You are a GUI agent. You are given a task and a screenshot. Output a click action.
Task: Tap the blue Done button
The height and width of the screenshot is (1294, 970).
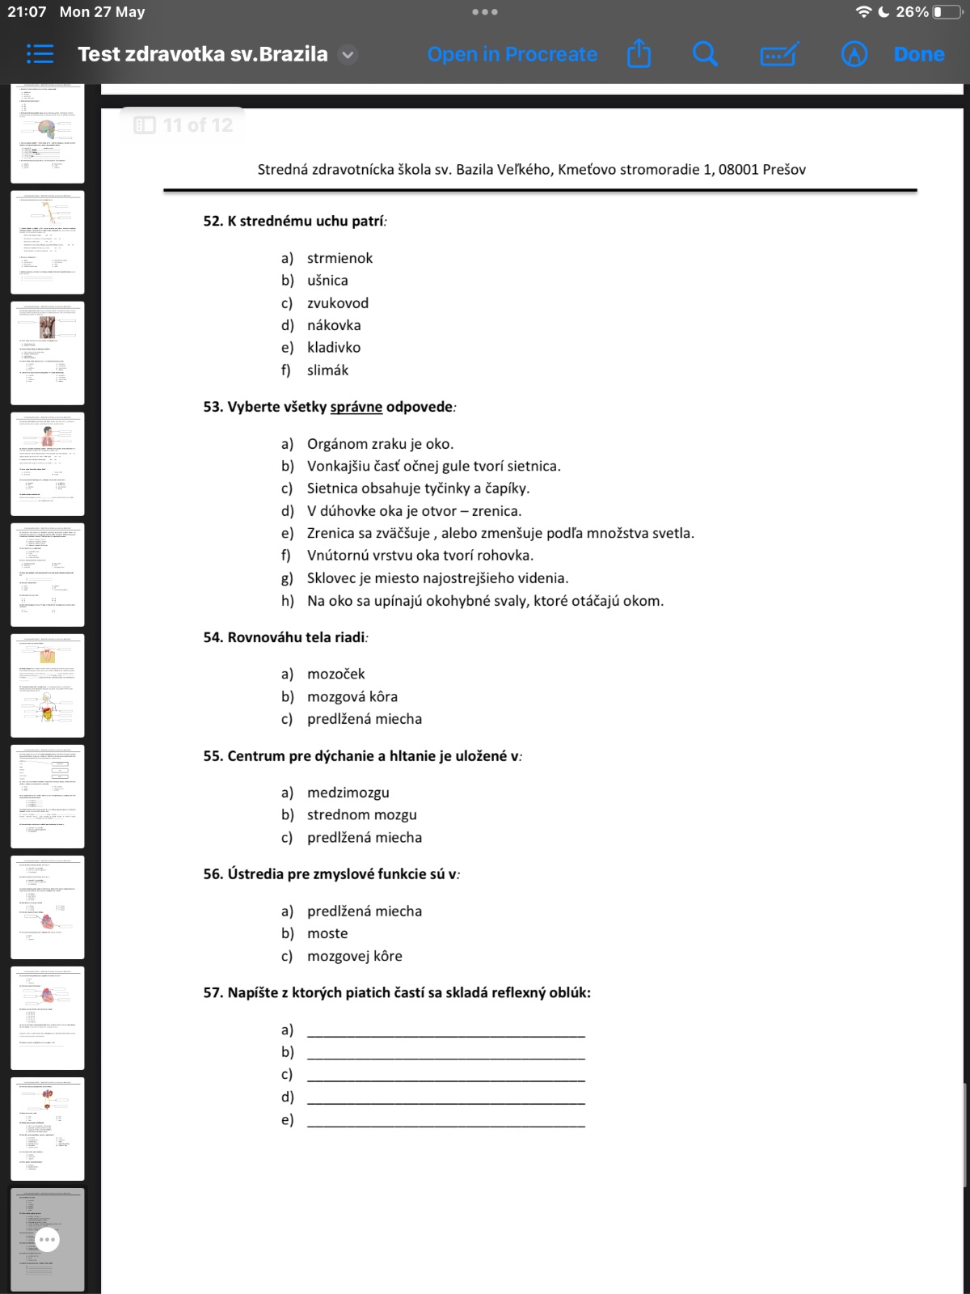coord(919,54)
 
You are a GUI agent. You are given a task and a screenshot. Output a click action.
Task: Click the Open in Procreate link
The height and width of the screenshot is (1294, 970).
coord(512,54)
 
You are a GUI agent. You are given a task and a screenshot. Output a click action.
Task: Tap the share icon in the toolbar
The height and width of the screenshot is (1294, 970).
coord(639,54)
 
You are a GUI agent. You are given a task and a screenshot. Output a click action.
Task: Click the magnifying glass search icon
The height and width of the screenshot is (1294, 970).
coord(705,54)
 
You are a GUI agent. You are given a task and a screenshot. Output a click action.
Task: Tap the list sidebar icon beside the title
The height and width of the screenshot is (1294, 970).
coord(40,54)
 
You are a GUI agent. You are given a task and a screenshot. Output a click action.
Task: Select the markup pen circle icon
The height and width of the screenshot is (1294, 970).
coord(854,54)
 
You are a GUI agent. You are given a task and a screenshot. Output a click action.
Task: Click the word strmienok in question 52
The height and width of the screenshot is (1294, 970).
coord(339,258)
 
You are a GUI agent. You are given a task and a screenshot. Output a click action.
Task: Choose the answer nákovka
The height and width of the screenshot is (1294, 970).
coord(334,325)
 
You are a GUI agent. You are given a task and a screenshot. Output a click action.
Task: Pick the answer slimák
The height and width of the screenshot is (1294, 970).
coord(327,370)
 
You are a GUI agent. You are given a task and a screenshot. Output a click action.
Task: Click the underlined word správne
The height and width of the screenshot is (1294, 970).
coord(356,407)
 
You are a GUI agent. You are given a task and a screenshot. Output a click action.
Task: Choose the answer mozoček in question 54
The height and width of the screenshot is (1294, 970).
coord(335,674)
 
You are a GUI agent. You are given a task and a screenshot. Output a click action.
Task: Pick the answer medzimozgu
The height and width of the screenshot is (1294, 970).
coord(348,793)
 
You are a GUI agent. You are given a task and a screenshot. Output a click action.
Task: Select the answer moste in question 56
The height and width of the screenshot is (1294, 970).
coord(327,933)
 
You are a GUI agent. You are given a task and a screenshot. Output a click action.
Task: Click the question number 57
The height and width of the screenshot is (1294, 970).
coord(213,992)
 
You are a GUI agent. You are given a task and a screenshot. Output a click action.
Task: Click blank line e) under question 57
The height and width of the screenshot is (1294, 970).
coord(445,1120)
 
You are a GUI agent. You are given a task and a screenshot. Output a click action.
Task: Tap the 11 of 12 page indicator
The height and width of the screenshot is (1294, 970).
coord(184,125)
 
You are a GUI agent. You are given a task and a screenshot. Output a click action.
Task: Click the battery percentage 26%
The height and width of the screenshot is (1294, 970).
coord(912,12)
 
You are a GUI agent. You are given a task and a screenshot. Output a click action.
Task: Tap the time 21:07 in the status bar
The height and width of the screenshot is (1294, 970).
coord(27,12)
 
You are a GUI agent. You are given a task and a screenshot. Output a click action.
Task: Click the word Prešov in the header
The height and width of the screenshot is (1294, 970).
coord(783,170)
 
